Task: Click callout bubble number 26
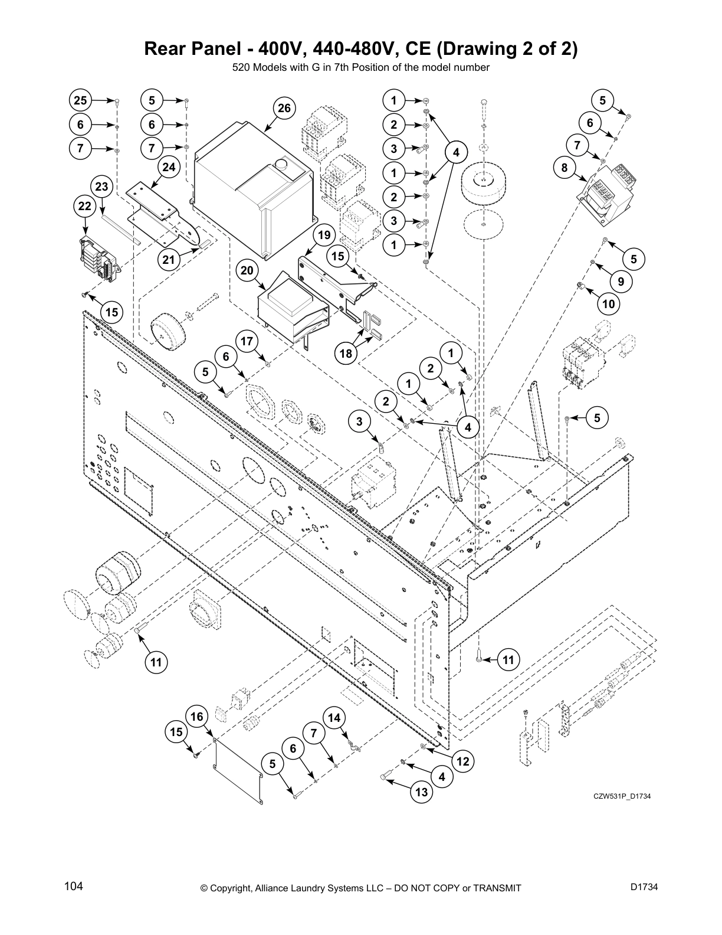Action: coord(284,109)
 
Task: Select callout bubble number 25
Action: coord(80,100)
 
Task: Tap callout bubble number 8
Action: coord(565,168)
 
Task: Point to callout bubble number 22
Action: coord(85,207)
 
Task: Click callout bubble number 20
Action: coord(248,271)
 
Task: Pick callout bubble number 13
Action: coord(421,792)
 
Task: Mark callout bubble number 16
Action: coord(197,717)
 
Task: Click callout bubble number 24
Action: coord(169,168)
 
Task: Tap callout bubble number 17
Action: coord(247,341)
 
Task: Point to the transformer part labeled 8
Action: coord(605,195)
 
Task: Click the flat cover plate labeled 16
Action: coord(239,770)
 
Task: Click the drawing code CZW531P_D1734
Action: coord(622,797)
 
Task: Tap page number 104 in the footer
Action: coord(74,886)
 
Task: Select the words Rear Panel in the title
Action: coord(188,49)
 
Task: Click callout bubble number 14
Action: coord(334,718)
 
